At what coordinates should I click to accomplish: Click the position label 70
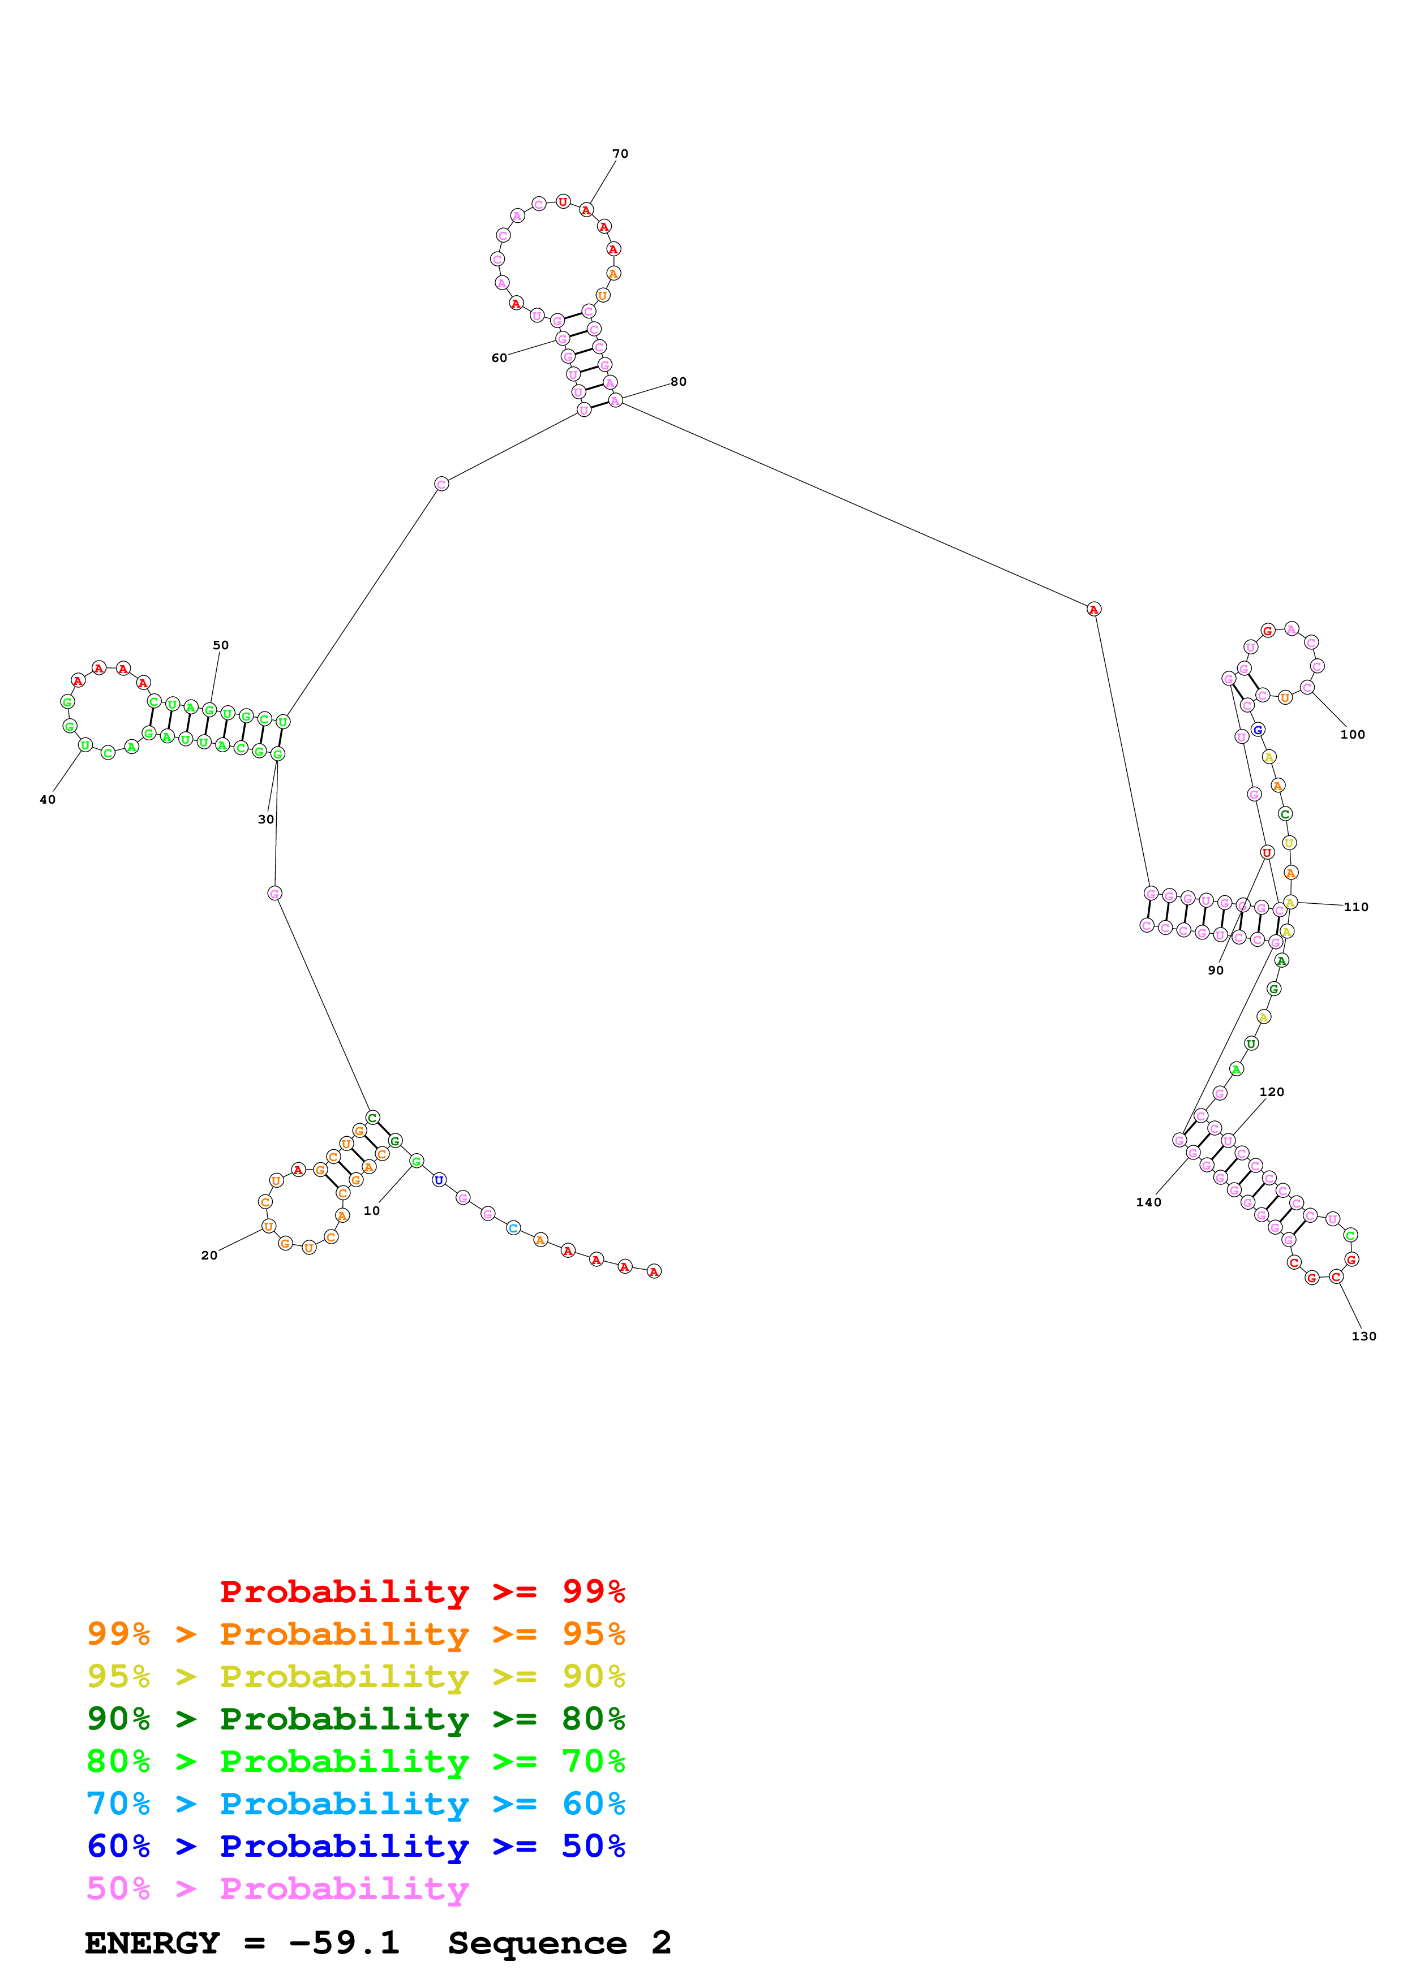[x=620, y=154]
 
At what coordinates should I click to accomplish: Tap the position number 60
[x=499, y=358]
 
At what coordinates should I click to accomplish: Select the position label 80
[x=679, y=381]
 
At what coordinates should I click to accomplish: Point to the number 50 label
[x=220, y=645]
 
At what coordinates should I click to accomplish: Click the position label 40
[x=48, y=799]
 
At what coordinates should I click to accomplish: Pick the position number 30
[x=265, y=819]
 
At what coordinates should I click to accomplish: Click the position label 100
[x=1352, y=735]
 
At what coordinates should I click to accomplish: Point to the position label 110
[x=1355, y=907]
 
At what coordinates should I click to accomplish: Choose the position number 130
[x=1363, y=1336]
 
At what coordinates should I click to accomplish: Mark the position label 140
[x=1148, y=1202]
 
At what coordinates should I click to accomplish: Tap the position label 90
[x=1216, y=971]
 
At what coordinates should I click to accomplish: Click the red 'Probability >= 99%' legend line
[x=422, y=1591]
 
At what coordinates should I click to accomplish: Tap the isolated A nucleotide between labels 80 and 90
[x=1093, y=609]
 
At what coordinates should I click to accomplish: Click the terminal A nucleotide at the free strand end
[x=654, y=1271]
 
